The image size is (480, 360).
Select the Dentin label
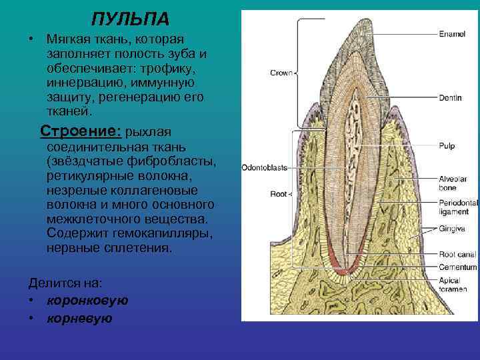tap(451, 97)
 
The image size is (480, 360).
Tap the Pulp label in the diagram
tap(447, 145)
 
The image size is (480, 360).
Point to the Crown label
tap(281, 73)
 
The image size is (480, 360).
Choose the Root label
tap(279, 194)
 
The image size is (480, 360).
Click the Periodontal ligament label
tap(458, 207)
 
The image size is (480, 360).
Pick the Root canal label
tap(457, 254)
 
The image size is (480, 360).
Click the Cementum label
tap(457, 267)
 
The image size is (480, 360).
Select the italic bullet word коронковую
tap(87, 301)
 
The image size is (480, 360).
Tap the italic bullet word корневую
tap(79, 319)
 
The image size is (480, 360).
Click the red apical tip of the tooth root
tap(342, 271)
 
